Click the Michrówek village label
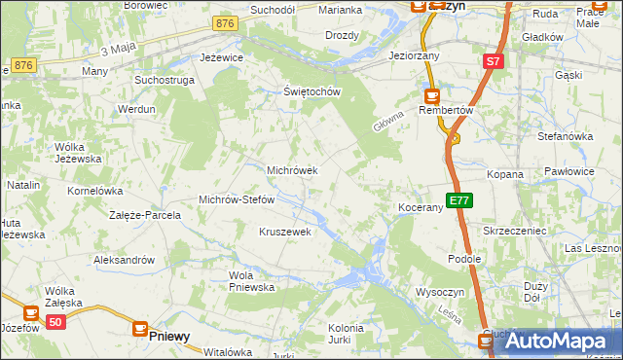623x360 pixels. click(x=292, y=170)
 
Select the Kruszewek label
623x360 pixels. click(x=284, y=232)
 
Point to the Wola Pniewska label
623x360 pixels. click(x=251, y=281)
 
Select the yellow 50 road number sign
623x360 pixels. click(x=56, y=322)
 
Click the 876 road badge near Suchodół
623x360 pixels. click(x=226, y=23)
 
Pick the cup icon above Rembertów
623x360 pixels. click(x=431, y=96)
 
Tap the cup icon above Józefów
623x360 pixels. click(x=30, y=313)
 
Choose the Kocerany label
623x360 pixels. click(x=421, y=208)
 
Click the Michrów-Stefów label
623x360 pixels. click(x=237, y=199)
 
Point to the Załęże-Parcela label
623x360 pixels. click(x=145, y=215)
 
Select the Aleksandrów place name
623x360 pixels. click(x=124, y=260)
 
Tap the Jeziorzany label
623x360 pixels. click(x=414, y=56)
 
